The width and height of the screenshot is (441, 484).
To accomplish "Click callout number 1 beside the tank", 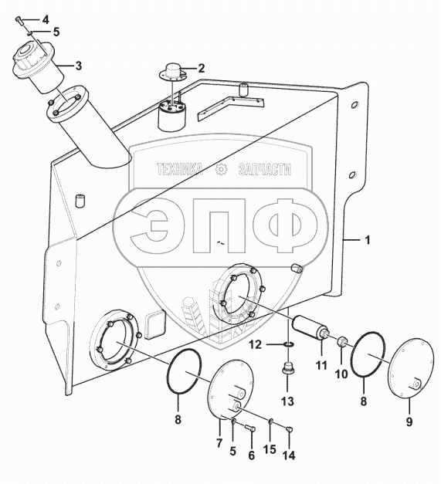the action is [x=368, y=240].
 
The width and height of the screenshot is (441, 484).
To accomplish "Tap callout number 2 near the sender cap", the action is [x=202, y=68].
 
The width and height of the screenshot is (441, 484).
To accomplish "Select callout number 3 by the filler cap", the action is [x=79, y=66].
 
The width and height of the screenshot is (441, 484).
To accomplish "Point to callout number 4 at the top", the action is [x=46, y=20].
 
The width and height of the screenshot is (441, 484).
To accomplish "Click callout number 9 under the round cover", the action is [x=409, y=421].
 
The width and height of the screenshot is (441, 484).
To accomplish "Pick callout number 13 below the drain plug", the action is [x=287, y=401].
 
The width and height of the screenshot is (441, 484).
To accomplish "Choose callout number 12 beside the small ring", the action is [x=256, y=344].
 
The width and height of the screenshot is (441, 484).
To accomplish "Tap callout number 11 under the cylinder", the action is [x=321, y=365].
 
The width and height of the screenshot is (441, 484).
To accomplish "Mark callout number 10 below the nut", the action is [x=341, y=374].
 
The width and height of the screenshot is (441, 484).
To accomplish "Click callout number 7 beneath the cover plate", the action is [x=219, y=443].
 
